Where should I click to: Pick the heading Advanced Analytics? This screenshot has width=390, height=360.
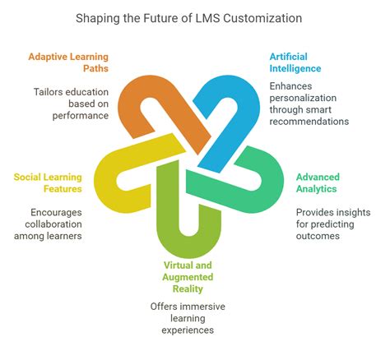(317, 183)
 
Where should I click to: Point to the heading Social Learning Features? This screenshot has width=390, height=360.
(47, 183)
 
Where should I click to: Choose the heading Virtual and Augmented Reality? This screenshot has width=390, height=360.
(193, 276)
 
